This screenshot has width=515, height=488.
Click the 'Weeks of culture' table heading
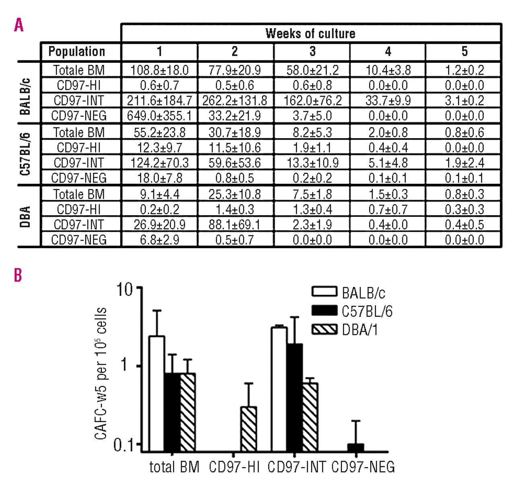tap(310, 33)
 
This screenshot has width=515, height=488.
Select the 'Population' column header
tap(76, 52)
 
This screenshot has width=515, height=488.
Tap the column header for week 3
tap(312, 52)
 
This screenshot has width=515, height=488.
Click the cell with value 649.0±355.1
tap(159, 116)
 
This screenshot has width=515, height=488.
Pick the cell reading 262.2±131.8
tap(235, 100)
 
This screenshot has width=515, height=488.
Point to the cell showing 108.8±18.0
tap(159, 70)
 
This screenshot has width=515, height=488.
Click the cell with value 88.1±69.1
tap(235, 224)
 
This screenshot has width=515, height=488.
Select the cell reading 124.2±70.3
tap(159, 163)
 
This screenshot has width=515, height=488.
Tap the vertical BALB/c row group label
tap(25, 96)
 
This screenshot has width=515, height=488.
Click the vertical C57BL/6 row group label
tap(25, 154)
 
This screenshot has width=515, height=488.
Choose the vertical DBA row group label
tap(25, 217)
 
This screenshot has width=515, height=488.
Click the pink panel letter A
tap(19, 25)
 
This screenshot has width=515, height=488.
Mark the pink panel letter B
tap(18, 275)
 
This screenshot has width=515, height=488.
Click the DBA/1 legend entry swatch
tap(324, 330)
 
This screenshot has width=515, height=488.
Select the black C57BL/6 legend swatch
tap(324, 311)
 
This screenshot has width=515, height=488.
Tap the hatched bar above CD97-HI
tap(248, 429)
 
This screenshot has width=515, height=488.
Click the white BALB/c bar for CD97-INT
tap(279, 389)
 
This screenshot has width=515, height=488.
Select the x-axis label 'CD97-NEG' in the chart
tap(363, 467)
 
